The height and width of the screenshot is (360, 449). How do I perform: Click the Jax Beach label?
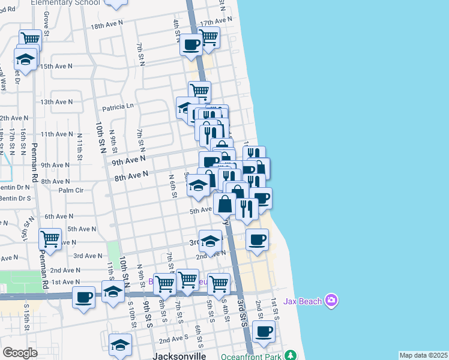(x=301, y=299)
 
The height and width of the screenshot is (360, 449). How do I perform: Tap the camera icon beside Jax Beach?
(x=331, y=299)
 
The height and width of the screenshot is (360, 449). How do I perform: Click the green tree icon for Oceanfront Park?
(x=291, y=355)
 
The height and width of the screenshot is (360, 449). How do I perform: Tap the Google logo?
(x=20, y=353)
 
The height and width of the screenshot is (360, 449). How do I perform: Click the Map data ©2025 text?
(x=423, y=355)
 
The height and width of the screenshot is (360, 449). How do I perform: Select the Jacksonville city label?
(x=179, y=356)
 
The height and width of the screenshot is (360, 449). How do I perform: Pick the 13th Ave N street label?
(x=56, y=102)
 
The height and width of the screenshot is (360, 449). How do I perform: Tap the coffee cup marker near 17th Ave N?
(x=191, y=44)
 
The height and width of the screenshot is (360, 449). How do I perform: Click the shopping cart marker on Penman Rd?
(x=50, y=239)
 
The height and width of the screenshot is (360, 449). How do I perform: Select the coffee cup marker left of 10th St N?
(x=84, y=296)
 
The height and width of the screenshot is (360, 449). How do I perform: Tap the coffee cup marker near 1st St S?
(x=264, y=331)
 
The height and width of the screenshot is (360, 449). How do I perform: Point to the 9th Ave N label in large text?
(x=128, y=160)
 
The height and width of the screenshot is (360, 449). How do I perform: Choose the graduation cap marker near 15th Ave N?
(x=26, y=60)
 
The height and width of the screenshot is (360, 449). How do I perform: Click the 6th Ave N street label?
(x=58, y=216)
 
